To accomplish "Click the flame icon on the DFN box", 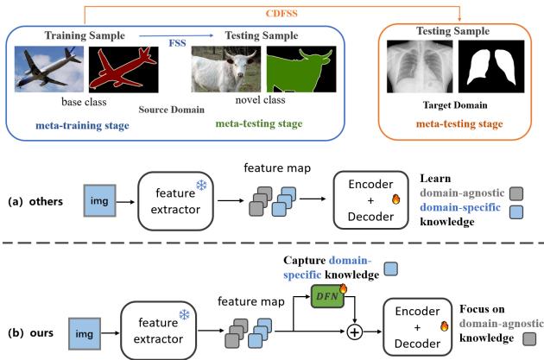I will pos(342,288).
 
